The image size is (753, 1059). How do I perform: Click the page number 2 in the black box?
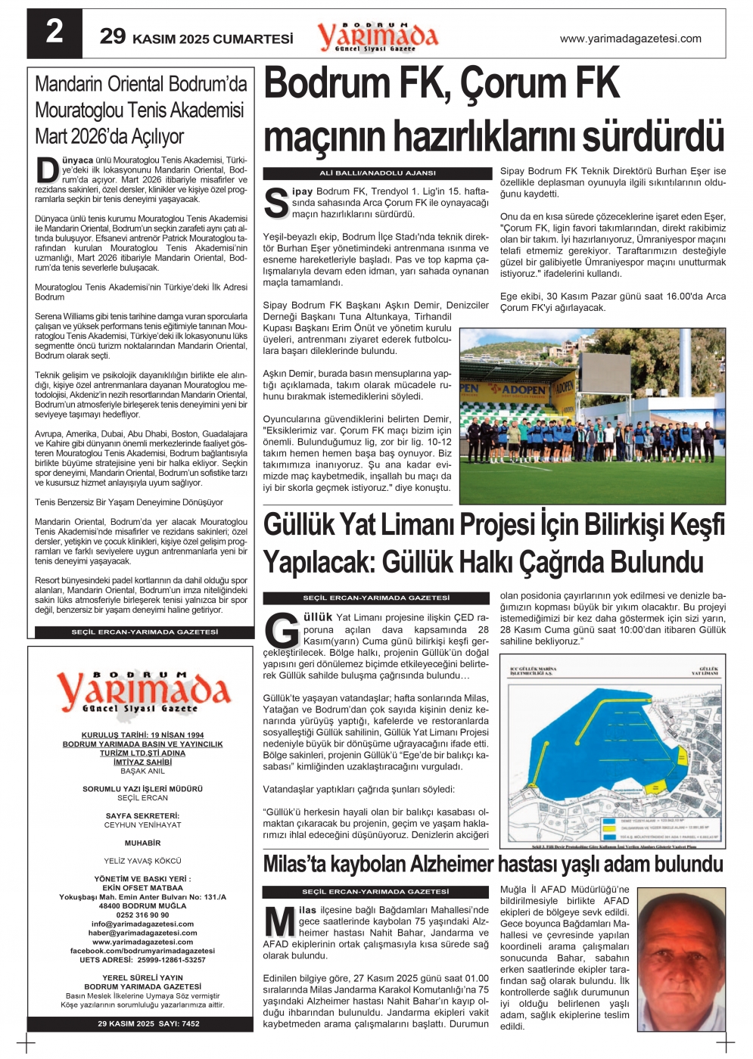[54, 33]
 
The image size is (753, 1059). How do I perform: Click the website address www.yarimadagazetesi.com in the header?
[630, 39]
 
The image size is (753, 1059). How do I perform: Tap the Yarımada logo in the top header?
[377, 36]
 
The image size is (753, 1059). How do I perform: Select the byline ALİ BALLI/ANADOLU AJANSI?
[377, 173]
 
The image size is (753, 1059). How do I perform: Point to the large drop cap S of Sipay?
[277, 202]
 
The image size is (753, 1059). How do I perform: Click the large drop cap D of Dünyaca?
[48, 170]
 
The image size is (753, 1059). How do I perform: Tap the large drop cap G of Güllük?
[282, 629]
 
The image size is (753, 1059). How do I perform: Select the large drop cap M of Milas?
[279, 923]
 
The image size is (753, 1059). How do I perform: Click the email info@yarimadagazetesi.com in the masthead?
[142, 924]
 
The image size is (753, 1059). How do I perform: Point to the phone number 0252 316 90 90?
[142, 915]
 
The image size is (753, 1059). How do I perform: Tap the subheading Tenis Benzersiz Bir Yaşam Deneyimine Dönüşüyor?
[129, 502]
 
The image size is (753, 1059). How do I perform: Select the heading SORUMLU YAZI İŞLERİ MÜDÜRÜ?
[142, 789]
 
